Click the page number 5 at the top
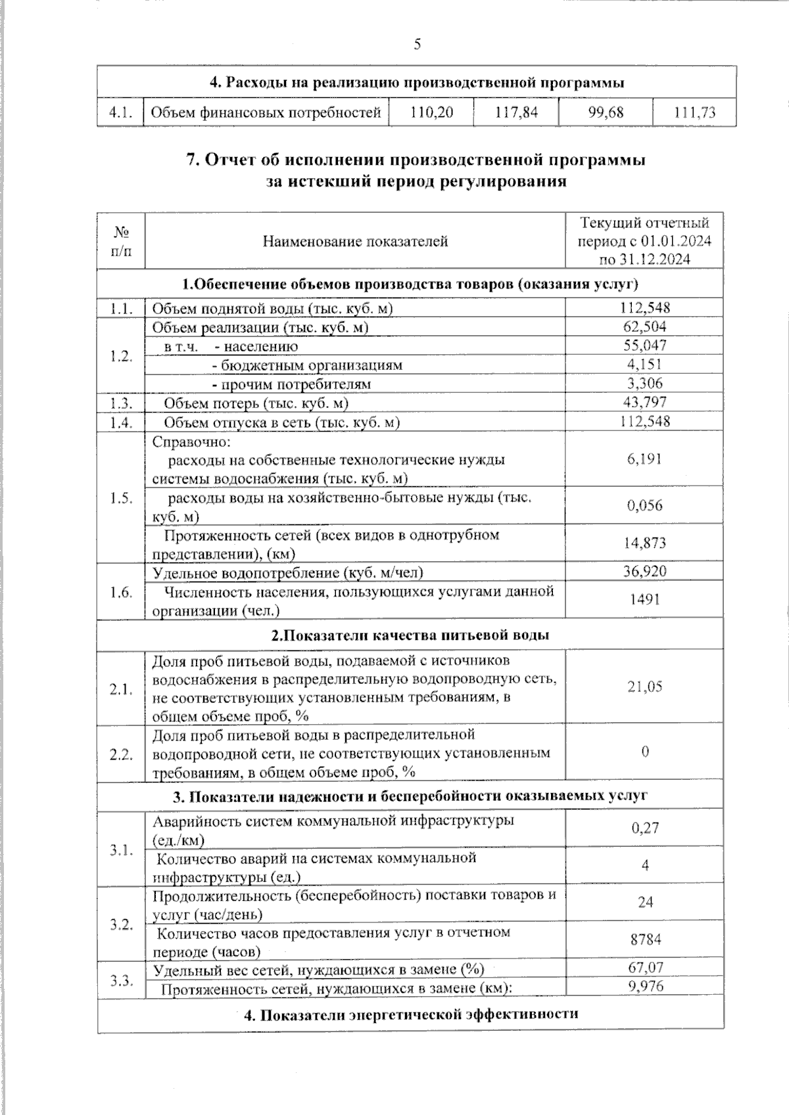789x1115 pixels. (x=417, y=45)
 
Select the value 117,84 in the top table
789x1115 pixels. (x=515, y=112)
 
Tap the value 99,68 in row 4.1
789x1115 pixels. (x=606, y=112)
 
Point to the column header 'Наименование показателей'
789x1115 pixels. (x=355, y=241)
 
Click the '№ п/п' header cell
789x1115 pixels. (x=121, y=241)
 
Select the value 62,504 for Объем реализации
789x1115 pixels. (x=644, y=327)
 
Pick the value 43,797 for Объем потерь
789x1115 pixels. (x=644, y=402)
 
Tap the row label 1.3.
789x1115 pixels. (x=121, y=403)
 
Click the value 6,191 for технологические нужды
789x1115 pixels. (x=644, y=459)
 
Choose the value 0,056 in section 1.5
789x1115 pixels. (x=644, y=505)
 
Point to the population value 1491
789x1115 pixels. (x=644, y=599)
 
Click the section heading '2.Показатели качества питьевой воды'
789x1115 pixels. (x=411, y=635)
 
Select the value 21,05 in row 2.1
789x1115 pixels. (x=644, y=687)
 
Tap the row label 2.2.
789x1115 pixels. (x=121, y=754)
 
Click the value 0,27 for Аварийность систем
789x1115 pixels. (x=644, y=828)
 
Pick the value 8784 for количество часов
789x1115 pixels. (x=644, y=940)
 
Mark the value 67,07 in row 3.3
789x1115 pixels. (x=644, y=967)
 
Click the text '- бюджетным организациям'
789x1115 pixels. (x=306, y=365)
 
